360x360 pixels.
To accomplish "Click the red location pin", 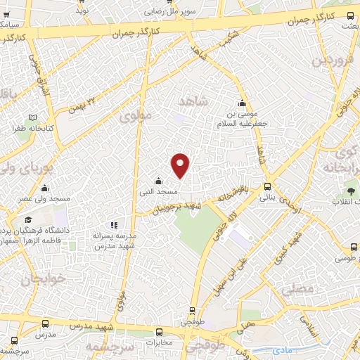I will coord(181,165).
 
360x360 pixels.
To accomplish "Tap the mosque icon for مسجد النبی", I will coord(158,180).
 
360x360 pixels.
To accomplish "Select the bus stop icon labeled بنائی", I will coord(267,187).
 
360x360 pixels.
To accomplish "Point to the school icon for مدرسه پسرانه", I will coord(114,225).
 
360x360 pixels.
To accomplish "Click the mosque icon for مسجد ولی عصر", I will coord(45,188).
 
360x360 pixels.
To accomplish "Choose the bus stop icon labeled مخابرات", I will coord(160,331).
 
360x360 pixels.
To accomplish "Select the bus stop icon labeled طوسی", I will coord(354,247).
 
